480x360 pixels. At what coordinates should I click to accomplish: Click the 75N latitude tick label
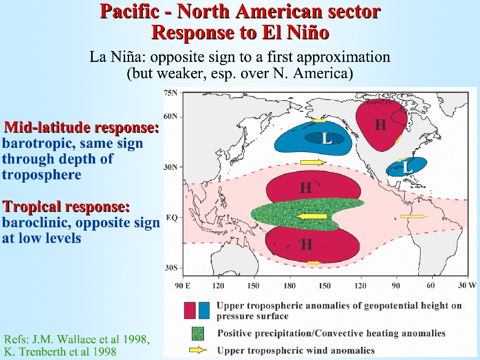(170, 93)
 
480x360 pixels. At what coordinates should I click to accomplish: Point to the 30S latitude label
(171, 268)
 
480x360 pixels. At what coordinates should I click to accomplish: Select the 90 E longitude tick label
(182, 286)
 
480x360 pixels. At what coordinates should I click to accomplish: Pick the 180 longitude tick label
(289, 286)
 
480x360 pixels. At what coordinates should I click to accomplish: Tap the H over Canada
(381, 125)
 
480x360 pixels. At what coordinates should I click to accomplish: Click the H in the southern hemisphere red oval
(306, 244)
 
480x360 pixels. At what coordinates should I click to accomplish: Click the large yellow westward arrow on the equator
(311, 216)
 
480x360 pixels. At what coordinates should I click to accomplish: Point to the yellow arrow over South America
(414, 216)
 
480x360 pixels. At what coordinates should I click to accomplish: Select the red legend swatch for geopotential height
(190, 310)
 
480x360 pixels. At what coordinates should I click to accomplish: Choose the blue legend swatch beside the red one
(204, 310)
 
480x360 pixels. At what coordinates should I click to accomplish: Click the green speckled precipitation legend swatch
(198, 334)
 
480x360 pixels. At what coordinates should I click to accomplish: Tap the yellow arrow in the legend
(198, 350)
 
